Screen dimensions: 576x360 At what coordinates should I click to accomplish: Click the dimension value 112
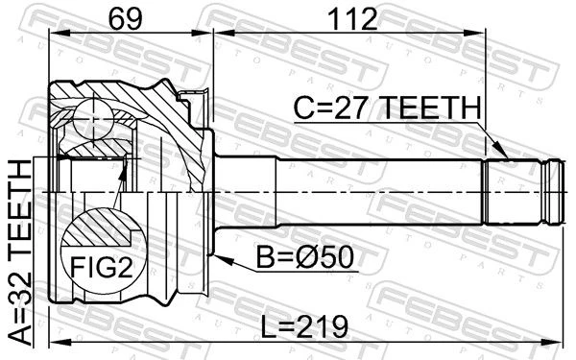coord(352,19)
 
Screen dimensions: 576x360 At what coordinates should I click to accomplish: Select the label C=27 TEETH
coord(387,108)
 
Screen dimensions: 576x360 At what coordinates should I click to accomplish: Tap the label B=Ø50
coord(305,257)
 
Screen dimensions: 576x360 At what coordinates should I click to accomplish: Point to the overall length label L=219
coord(304,326)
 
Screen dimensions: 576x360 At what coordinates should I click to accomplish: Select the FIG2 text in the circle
coord(102,268)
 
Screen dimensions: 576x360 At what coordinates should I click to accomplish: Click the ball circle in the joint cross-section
coord(93,119)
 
